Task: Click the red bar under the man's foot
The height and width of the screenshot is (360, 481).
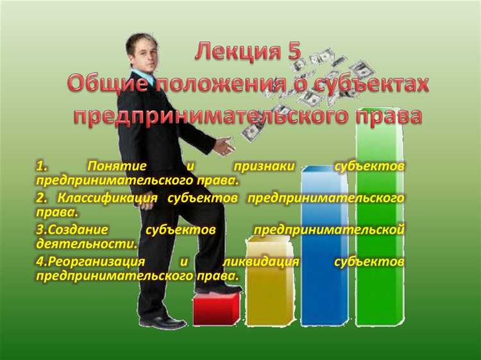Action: [215, 310]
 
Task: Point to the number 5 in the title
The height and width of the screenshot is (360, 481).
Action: [294, 51]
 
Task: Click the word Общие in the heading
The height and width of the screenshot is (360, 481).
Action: [105, 83]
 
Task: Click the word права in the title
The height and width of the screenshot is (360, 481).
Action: [391, 116]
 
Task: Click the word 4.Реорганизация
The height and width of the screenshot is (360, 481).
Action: [90, 262]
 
